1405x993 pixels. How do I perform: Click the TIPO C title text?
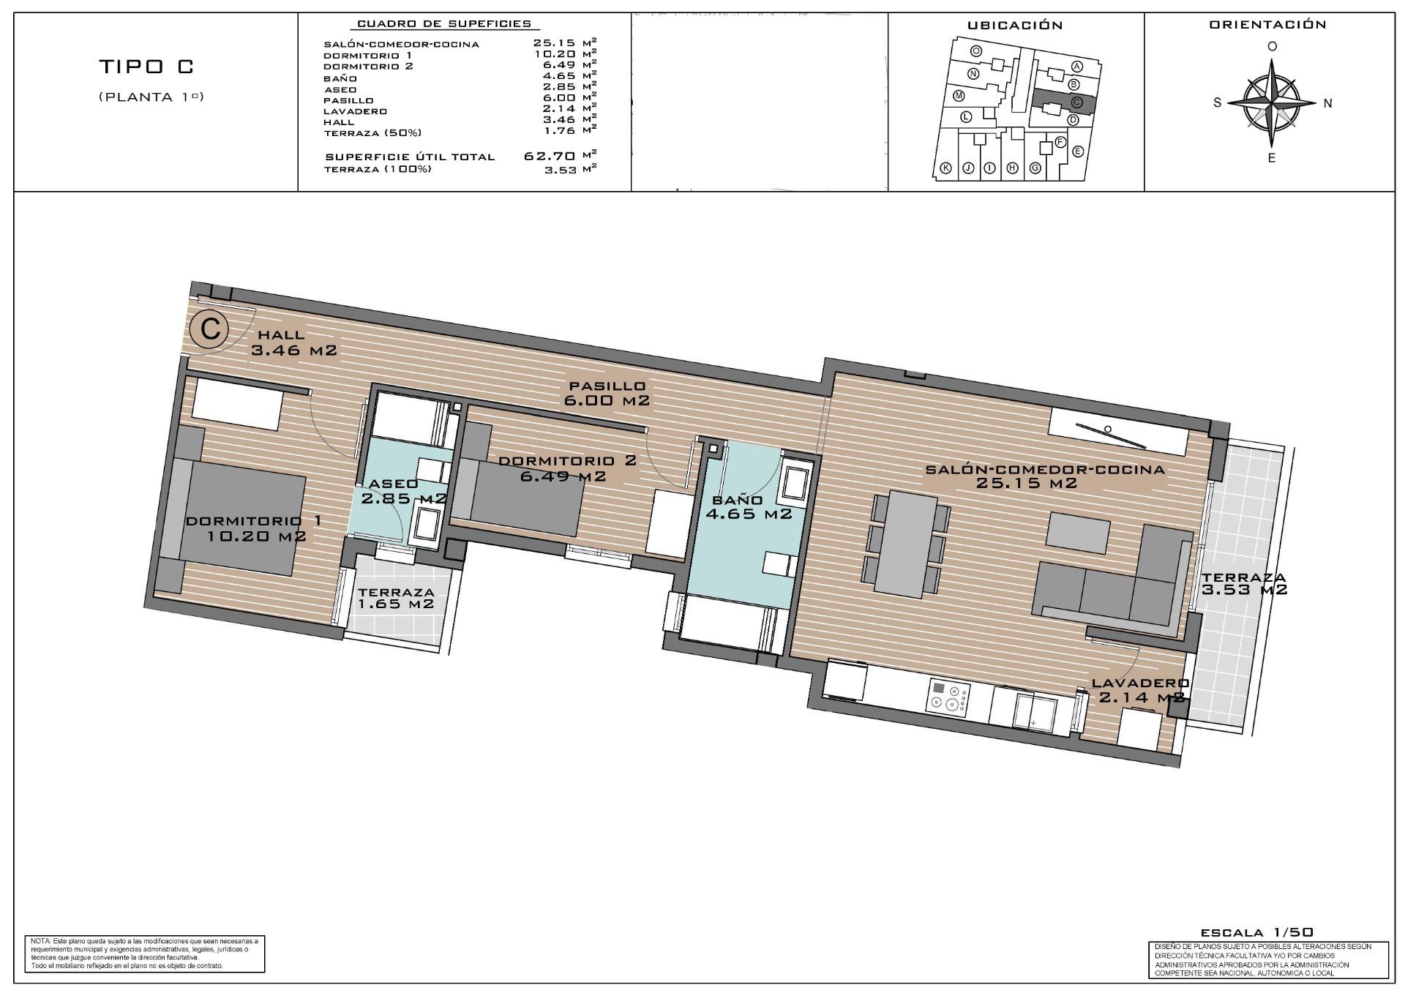tap(146, 67)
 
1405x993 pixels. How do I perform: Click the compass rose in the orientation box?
tap(1273, 103)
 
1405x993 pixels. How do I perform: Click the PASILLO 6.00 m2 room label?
tap(607, 393)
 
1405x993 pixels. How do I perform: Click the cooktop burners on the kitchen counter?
tap(948, 697)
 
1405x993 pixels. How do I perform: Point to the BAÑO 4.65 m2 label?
tap(748, 506)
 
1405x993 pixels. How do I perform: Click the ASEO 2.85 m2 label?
tap(402, 491)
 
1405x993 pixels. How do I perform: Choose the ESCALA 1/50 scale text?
tap(1256, 932)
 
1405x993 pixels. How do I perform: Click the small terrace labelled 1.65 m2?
tap(397, 599)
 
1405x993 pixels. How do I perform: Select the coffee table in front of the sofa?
tap(1078, 532)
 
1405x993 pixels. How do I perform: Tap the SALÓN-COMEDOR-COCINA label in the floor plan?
tap(1044, 476)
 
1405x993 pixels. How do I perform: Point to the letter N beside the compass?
tap(1327, 103)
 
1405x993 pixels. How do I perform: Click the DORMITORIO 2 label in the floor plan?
tap(566, 468)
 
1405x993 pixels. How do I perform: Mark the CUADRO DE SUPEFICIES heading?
tap(444, 24)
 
